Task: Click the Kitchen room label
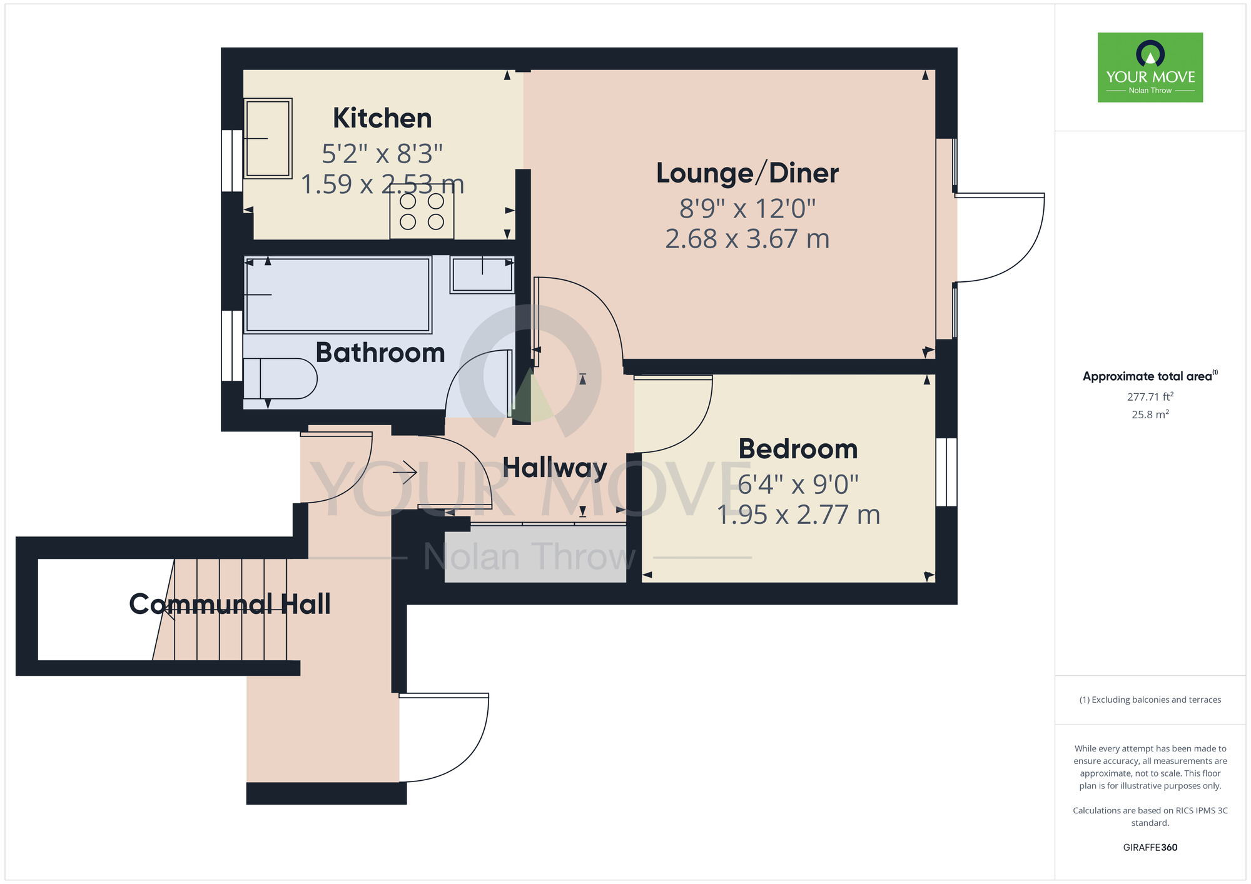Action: (382, 118)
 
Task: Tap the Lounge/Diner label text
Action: (747, 173)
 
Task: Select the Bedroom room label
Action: (798, 449)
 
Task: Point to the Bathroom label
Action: (380, 353)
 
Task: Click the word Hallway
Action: (555, 468)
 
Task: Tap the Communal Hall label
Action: (230, 604)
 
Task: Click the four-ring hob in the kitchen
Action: (422, 212)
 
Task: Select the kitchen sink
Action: (268, 138)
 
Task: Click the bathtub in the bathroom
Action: (338, 294)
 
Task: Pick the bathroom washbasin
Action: (482, 274)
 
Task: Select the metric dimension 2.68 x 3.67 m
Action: (747, 239)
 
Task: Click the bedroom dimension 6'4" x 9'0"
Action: (798, 484)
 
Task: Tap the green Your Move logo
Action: (1150, 68)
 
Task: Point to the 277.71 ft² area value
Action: (1150, 396)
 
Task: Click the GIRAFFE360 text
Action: (1150, 847)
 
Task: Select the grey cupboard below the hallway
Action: (535, 555)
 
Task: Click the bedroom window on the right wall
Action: (946, 472)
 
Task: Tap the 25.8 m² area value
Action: (1150, 414)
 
